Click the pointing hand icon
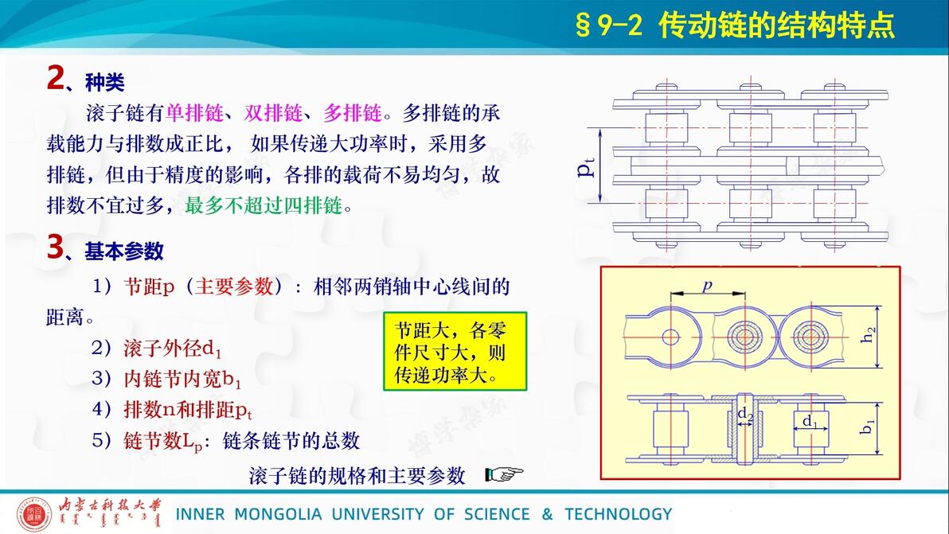(504, 475)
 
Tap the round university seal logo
(34, 514)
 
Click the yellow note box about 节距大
(455, 352)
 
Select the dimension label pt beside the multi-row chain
(586, 166)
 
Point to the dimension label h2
(868, 334)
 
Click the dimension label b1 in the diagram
(867, 427)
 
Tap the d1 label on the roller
(810, 421)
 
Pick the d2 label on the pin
(744, 415)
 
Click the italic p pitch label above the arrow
(707, 285)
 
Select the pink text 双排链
(273, 112)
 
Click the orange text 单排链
(194, 112)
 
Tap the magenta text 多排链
(352, 112)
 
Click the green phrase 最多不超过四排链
(264, 205)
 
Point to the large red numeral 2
(55, 79)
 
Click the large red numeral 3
(55, 248)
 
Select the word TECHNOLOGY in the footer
(619, 514)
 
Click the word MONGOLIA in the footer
(278, 514)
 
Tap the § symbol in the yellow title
(583, 25)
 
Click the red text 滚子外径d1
(173, 349)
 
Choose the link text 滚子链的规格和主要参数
(357, 476)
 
